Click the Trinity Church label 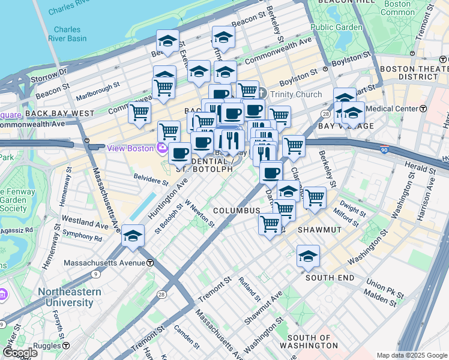pyautogui.click(x=295, y=94)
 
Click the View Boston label pyautogui.click(x=131, y=148)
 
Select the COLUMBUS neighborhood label pyautogui.click(x=237, y=211)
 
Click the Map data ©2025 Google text pyautogui.click(x=412, y=355)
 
